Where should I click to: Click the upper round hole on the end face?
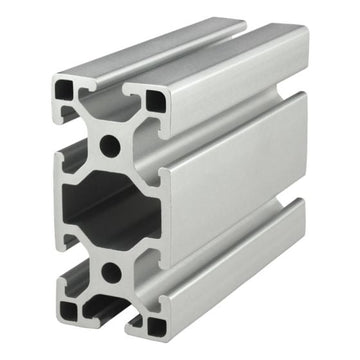click(x=109, y=147)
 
